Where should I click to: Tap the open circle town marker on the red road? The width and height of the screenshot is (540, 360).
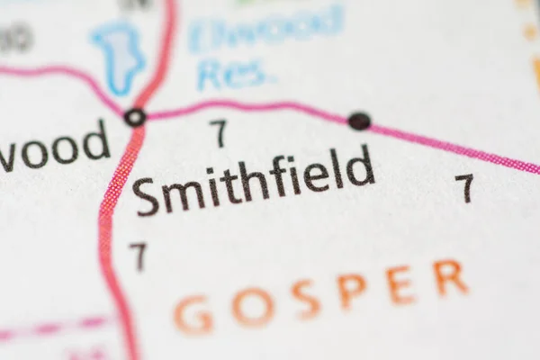click(135, 116)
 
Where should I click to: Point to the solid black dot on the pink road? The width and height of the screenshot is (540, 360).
click(359, 120)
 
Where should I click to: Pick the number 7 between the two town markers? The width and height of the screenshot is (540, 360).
click(219, 133)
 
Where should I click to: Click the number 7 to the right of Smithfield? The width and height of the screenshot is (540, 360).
click(464, 187)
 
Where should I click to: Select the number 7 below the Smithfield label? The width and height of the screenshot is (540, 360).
click(138, 256)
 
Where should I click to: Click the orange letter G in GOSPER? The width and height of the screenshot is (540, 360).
click(193, 315)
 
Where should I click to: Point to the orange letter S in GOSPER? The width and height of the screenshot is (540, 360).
click(305, 299)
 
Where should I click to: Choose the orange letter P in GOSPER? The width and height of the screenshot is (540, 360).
click(352, 290)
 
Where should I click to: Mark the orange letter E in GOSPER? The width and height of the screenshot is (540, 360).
click(400, 284)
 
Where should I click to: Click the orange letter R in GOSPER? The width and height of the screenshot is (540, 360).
click(449, 277)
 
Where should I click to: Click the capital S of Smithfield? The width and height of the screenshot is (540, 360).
click(147, 197)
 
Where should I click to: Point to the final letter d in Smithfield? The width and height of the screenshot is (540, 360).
click(360, 166)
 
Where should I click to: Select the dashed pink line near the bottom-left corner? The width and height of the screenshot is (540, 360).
click(54, 327)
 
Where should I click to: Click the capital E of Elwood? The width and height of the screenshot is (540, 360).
click(201, 37)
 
